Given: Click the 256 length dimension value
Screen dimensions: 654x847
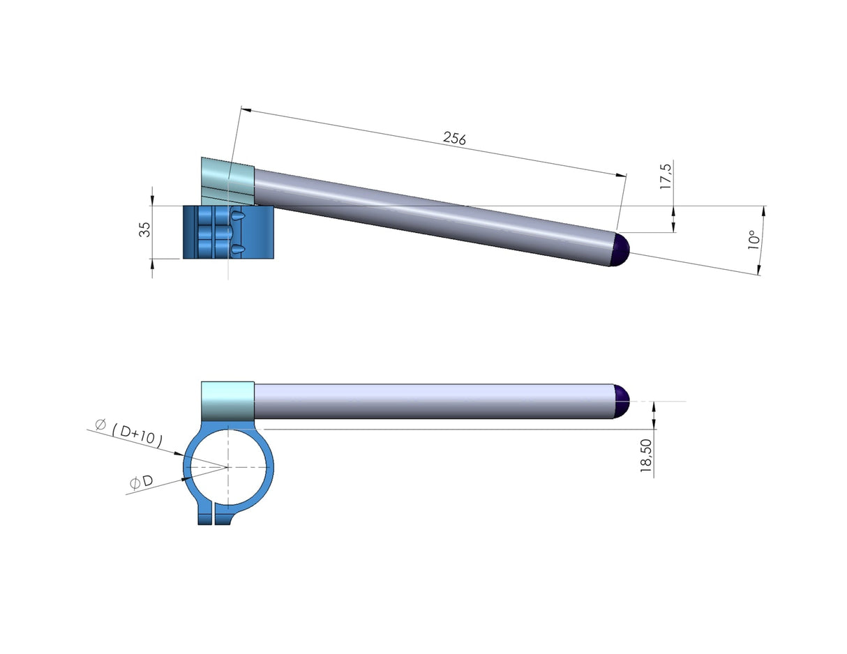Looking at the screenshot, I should point(454,138).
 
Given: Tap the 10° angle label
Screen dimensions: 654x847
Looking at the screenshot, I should point(753,241).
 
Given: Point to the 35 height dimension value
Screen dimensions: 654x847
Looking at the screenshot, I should point(144,229).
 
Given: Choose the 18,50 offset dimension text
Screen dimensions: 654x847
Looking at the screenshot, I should point(645,457).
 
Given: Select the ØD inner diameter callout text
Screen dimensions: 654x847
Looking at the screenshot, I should point(140,482).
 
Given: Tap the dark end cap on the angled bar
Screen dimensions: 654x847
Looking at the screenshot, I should point(619,250).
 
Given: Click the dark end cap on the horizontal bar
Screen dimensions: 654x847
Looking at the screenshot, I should point(621,401).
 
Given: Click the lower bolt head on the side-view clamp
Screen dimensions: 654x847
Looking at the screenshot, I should point(237,249).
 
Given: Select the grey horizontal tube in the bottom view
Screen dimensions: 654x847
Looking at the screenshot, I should point(433,401).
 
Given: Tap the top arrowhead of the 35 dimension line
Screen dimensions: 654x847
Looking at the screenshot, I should point(152,192).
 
